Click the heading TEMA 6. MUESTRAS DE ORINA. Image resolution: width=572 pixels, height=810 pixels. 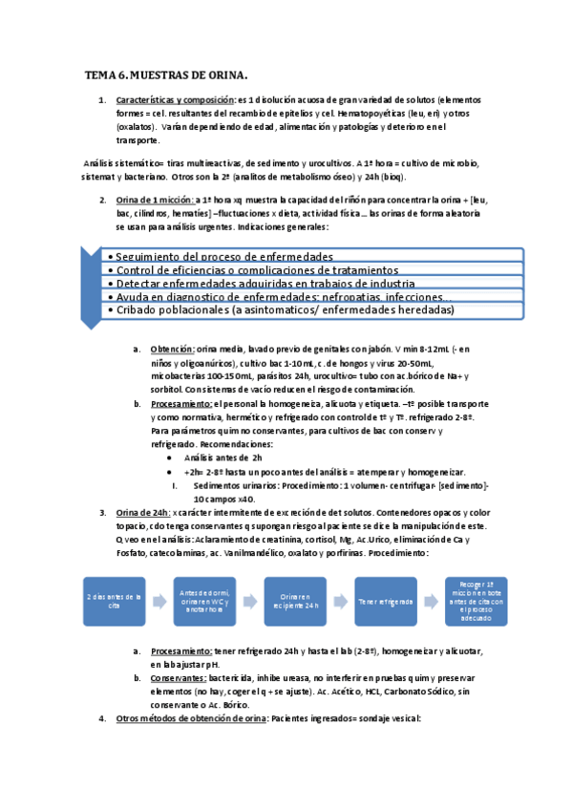166,74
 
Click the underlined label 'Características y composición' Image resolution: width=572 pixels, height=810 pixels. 175,99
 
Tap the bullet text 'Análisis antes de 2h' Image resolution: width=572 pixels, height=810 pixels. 222,458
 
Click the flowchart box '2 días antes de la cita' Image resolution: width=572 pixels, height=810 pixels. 116,601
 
